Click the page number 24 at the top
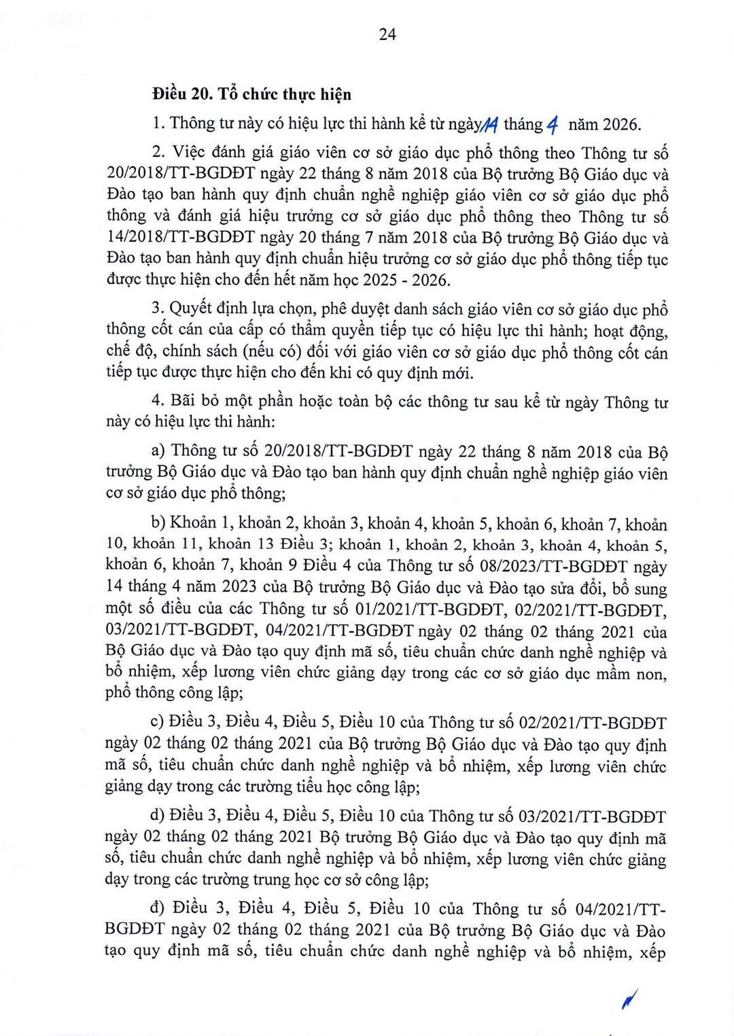[x=387, y=35]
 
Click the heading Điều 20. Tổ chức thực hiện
[x=251, y=94]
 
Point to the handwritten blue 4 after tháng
[x=553, y=125]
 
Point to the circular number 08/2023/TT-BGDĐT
[x=554, y=566]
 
